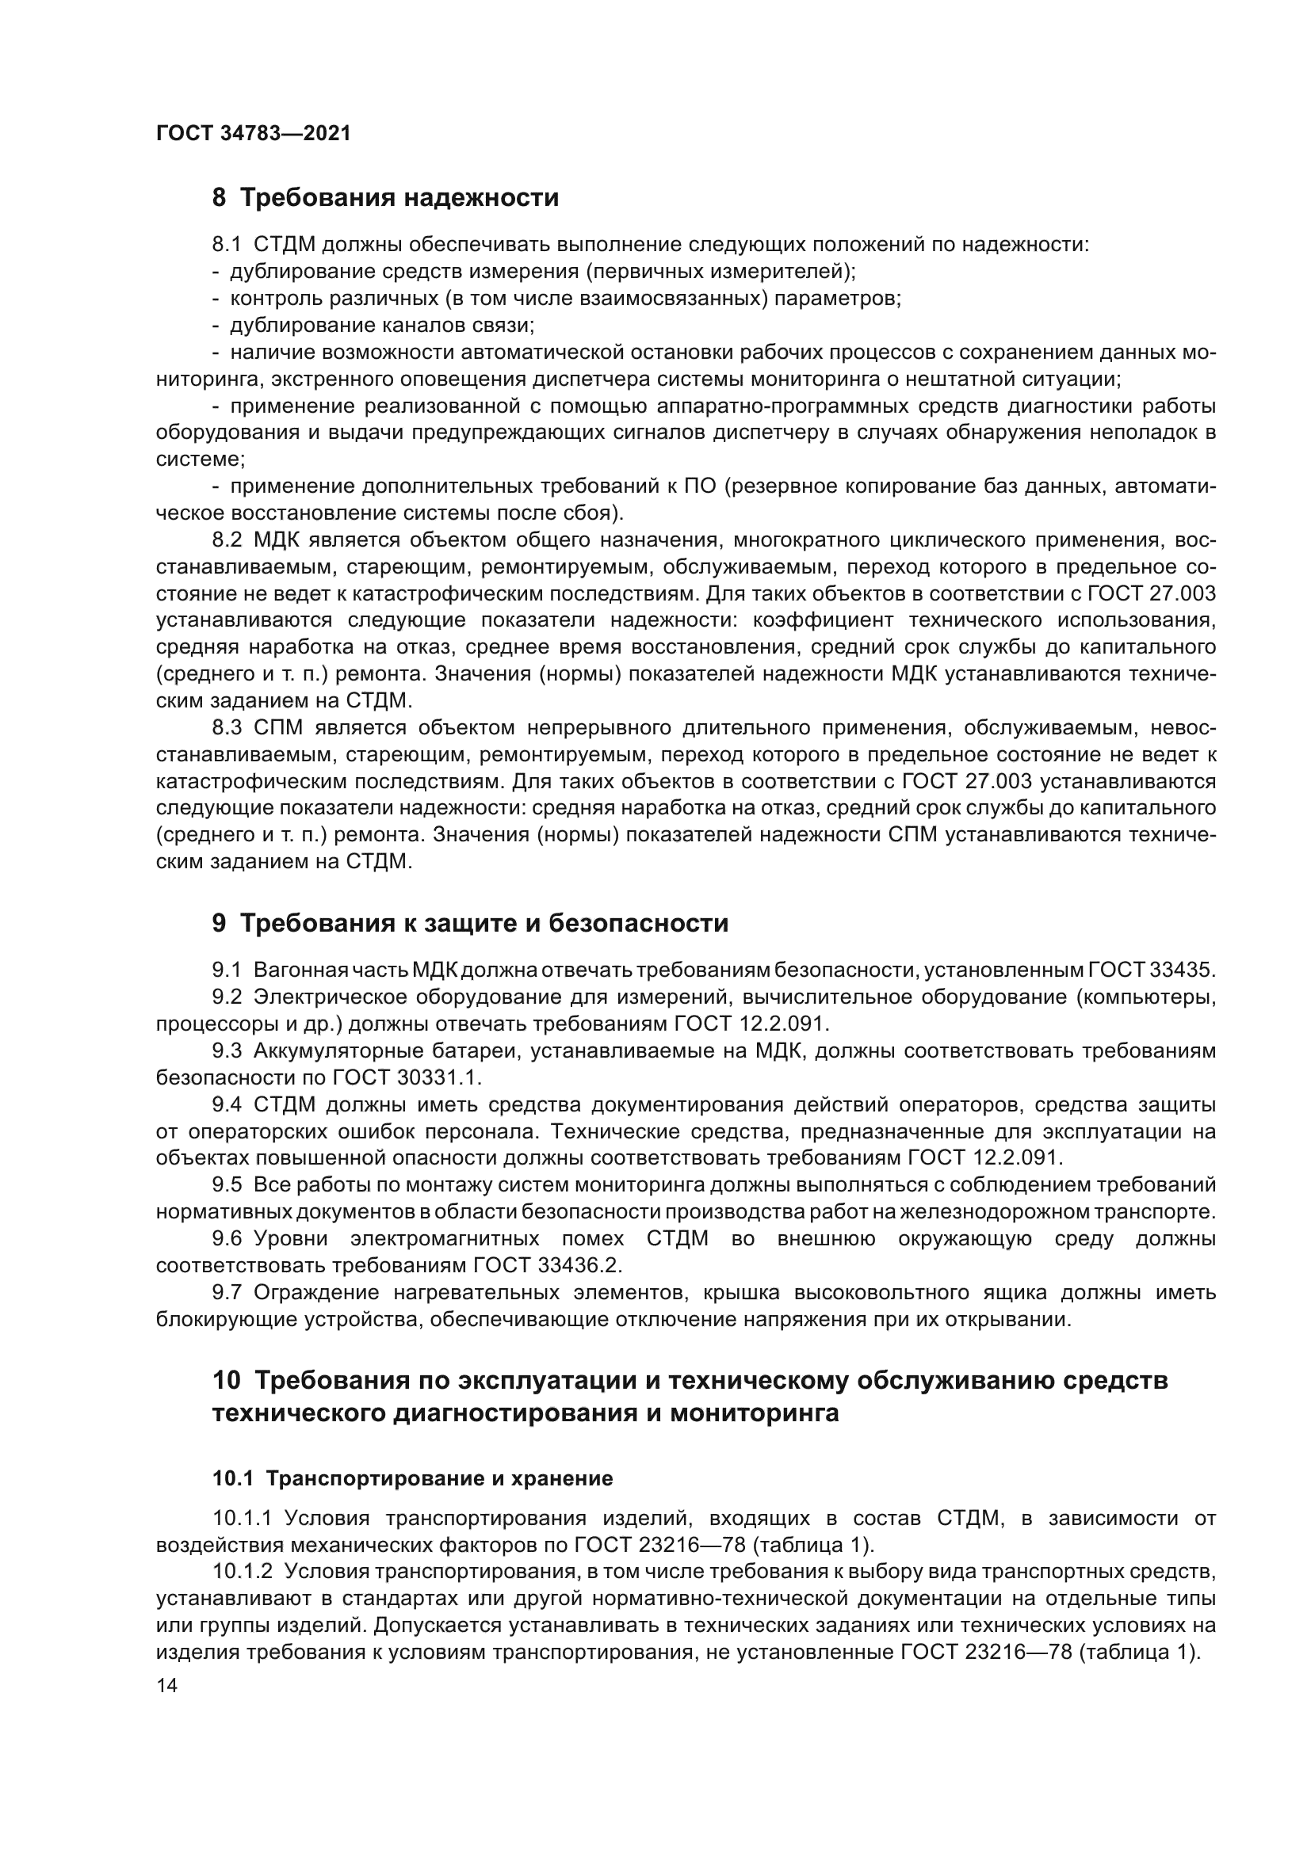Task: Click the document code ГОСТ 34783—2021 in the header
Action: pos(254,134)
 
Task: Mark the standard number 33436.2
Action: pos(580,1265)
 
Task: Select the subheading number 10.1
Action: pos(232,1478)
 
